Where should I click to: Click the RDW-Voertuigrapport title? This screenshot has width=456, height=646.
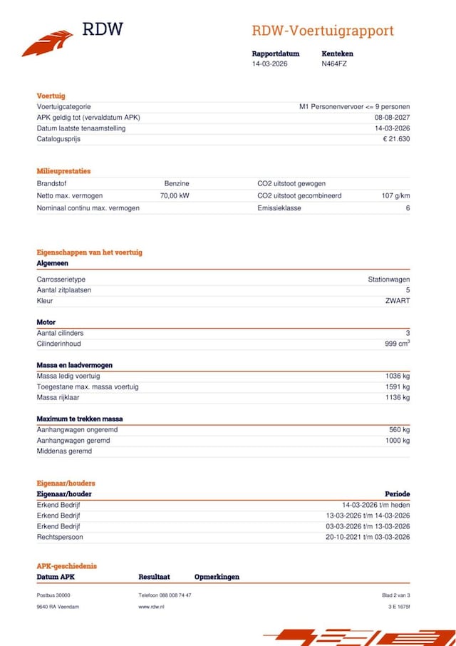tap(322, 31)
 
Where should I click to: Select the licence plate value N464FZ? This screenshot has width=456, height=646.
tap(334, 63)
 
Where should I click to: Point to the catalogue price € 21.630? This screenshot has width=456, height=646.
tap(396, 139)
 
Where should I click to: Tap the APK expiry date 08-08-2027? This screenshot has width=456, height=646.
tap(392, 118)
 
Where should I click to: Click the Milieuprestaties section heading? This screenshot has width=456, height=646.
tap(63, 171)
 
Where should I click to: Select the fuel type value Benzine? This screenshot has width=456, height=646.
tap(177, 184)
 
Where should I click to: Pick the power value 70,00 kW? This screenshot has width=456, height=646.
tap(175, 195)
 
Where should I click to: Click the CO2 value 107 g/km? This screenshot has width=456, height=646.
tap(395, 195)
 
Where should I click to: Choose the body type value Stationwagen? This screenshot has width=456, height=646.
tap(388, 280)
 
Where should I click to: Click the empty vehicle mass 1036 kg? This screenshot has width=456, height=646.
tap(396, 376)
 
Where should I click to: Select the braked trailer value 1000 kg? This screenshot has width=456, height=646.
tap(396, 441)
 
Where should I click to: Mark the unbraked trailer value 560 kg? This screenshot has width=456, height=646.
tap(398, 430)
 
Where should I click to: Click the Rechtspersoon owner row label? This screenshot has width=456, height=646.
tap(60, 537)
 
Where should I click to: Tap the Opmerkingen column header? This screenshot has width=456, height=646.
tap(217, 577)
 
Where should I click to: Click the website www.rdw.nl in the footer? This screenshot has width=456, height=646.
tap(152, 606)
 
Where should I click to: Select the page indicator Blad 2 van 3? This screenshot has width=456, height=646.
tap(396, 595)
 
